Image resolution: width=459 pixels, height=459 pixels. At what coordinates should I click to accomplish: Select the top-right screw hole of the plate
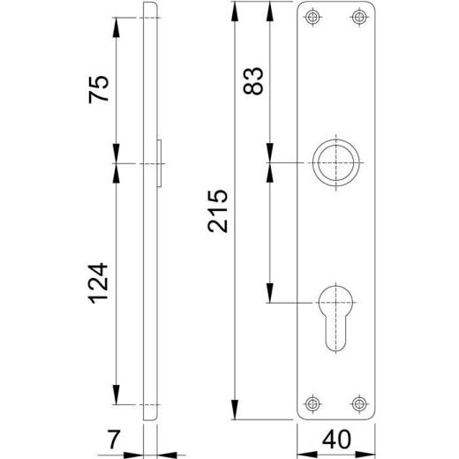357,17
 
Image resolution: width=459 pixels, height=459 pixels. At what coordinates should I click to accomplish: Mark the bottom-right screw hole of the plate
357,403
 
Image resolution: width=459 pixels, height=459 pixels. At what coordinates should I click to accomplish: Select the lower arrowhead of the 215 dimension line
235,413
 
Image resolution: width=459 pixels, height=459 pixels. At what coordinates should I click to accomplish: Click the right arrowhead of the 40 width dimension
378,452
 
